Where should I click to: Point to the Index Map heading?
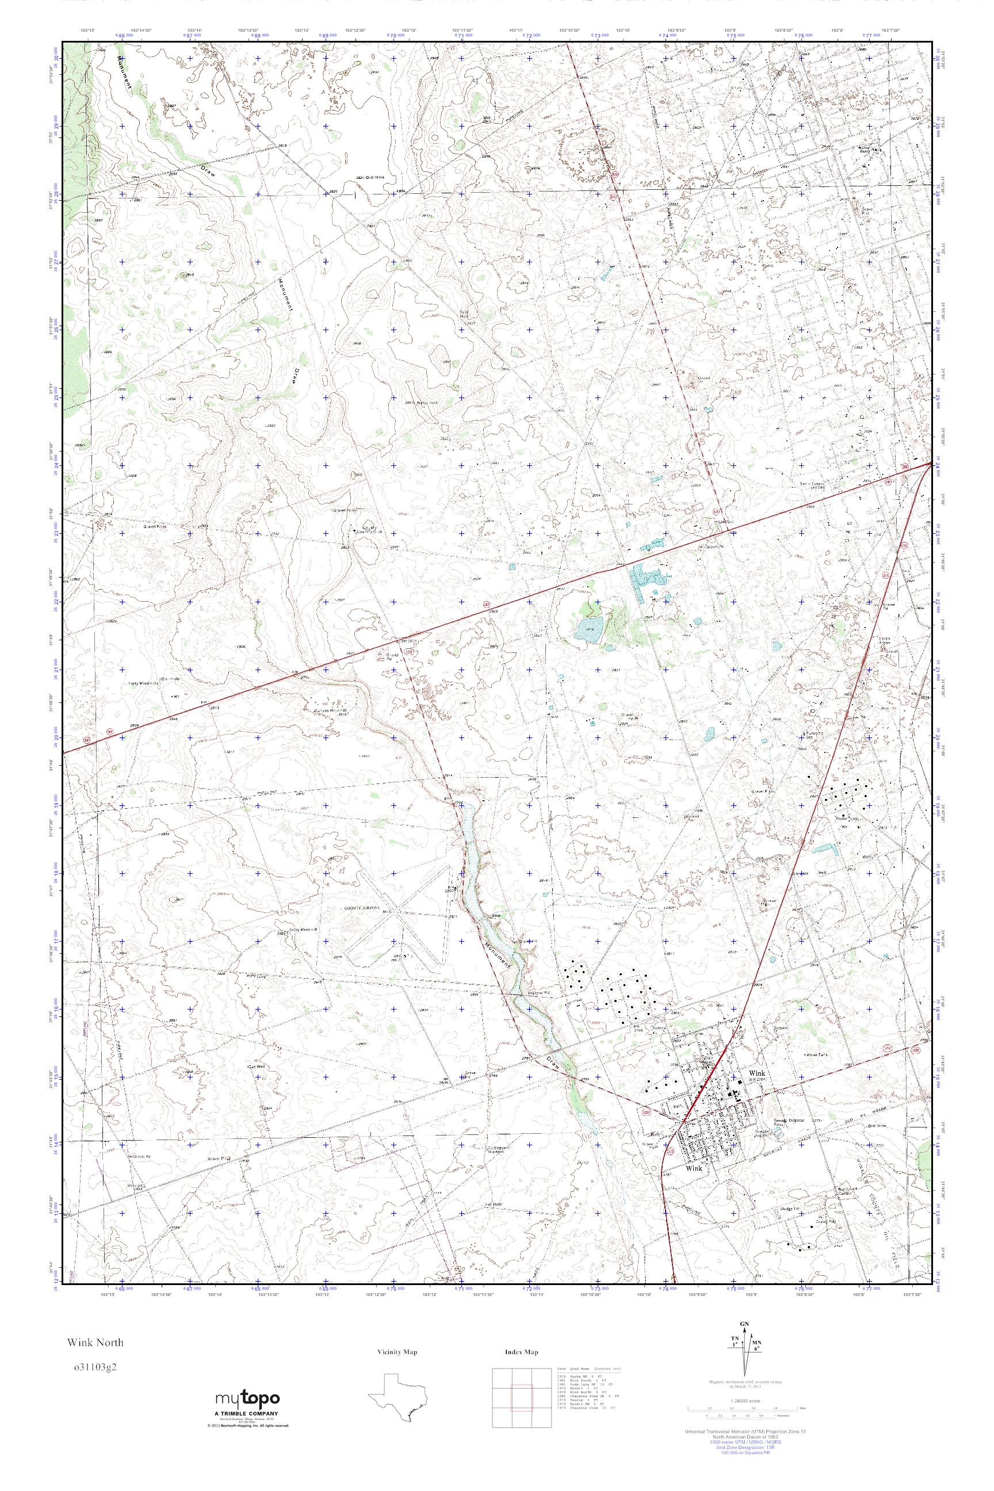click(x=521, y=1352)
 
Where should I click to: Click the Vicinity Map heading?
click(x=396, y=1352)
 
